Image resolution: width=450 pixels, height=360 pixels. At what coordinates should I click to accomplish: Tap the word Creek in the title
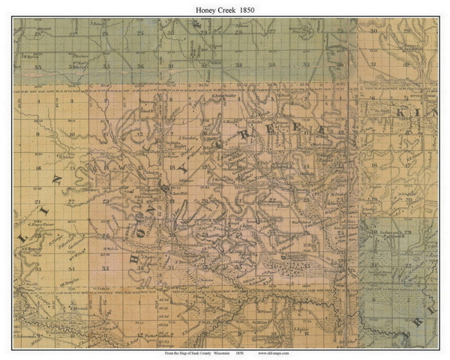pyautogui.click(x=225, y=7)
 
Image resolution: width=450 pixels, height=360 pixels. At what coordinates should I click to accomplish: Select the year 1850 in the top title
pyautogui.click(x=253, y=7)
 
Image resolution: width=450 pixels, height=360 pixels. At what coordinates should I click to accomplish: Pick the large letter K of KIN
pyautogui.click(x=401, y=119)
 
